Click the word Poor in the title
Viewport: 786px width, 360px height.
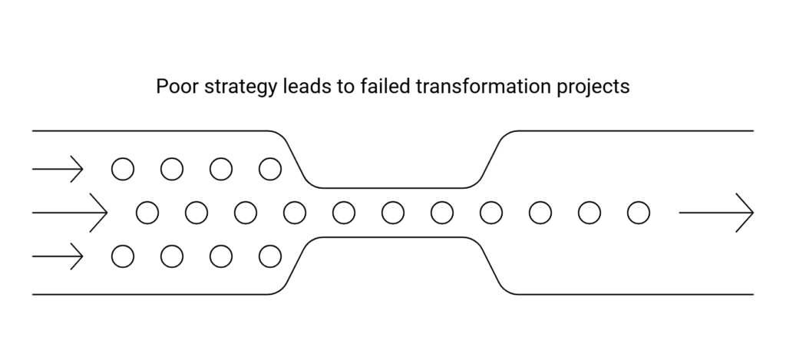(173, 87)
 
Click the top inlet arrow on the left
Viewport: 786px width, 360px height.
(58, 168)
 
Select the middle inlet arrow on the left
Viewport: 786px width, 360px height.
(69, 212)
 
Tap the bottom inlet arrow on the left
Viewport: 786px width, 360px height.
(58, 256)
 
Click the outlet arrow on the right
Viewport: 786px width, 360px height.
(716, 212)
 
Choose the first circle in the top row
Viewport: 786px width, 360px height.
(123, 168)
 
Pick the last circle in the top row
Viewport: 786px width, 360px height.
(270, 168)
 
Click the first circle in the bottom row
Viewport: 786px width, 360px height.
(123, 256)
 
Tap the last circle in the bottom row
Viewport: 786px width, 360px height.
(270, 256)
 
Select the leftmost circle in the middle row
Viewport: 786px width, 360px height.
(147, 212)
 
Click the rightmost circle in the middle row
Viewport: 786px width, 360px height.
(639, 212)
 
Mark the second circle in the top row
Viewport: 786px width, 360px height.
(172, 168)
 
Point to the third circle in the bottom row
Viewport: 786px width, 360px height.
(221, 256)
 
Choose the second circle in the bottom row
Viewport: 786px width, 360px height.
(172, 256)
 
